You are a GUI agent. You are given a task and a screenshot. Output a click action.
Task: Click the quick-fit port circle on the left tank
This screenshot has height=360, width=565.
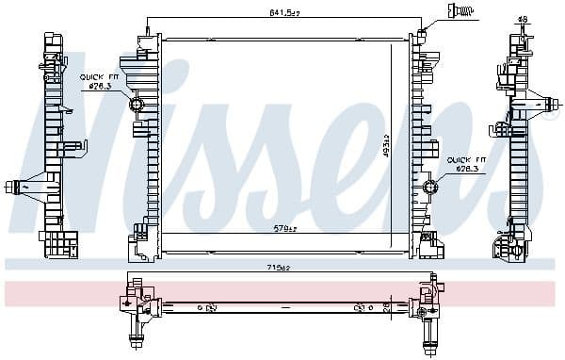pos(136,104)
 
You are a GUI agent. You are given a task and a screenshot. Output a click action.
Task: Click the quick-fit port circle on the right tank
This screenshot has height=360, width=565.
pos(430,187)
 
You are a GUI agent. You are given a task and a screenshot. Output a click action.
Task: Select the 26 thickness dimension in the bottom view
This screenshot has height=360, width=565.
pos(385,305)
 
